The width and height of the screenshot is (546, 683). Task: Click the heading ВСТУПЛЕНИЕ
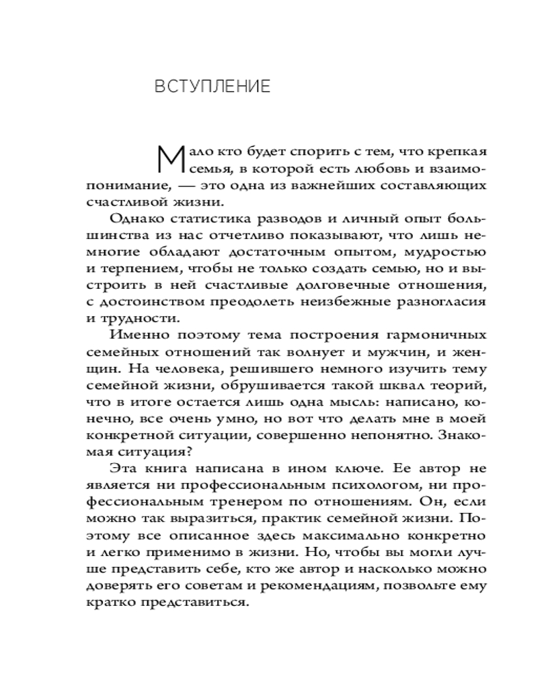212,87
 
